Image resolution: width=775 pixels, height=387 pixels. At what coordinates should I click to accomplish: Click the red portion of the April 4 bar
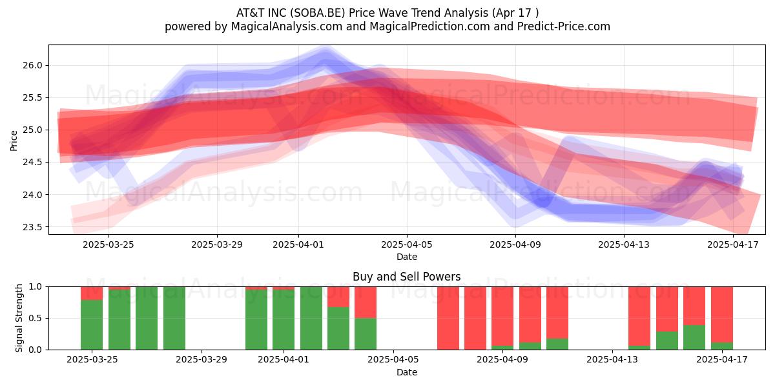coord(366,303)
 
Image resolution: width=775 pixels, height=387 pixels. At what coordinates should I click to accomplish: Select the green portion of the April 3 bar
coord(338,328)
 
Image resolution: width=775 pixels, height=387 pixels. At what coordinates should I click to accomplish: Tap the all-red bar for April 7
coord(448,318)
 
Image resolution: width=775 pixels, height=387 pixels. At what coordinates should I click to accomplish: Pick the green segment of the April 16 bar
coord(694,337)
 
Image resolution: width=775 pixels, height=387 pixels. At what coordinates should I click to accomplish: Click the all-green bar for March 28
coord(174,318)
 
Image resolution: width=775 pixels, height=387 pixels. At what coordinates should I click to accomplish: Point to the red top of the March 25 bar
coord(92,293)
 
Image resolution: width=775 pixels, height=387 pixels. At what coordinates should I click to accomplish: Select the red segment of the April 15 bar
coord(667,309)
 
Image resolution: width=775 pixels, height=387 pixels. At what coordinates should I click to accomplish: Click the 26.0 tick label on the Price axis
coord(32,65)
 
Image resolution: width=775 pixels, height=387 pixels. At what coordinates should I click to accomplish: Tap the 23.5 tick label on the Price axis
coord(32,227)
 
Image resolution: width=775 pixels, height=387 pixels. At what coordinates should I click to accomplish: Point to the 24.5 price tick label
coord(32,163)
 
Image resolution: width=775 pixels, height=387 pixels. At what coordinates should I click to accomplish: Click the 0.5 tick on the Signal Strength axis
coord(35,318)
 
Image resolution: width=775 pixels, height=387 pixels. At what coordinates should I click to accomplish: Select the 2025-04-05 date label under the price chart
coord(407,244)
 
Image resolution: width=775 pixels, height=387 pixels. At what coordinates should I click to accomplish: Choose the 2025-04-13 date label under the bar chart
coord(612,360)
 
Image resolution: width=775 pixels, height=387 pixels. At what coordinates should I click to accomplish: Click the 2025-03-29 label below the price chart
coord(217,244)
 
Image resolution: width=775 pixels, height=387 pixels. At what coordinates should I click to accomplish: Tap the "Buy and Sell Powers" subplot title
coord(406,277)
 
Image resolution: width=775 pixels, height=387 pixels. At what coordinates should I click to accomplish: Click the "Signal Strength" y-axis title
coord(19,318)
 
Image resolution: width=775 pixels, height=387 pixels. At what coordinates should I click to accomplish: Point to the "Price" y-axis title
coord(14,141)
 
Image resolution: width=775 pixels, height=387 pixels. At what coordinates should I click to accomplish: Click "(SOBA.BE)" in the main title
coord(318,13)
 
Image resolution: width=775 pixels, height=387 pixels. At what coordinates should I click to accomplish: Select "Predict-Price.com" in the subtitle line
coord(564,26)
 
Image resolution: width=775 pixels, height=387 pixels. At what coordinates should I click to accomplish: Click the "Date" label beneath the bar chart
coord(406,372)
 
